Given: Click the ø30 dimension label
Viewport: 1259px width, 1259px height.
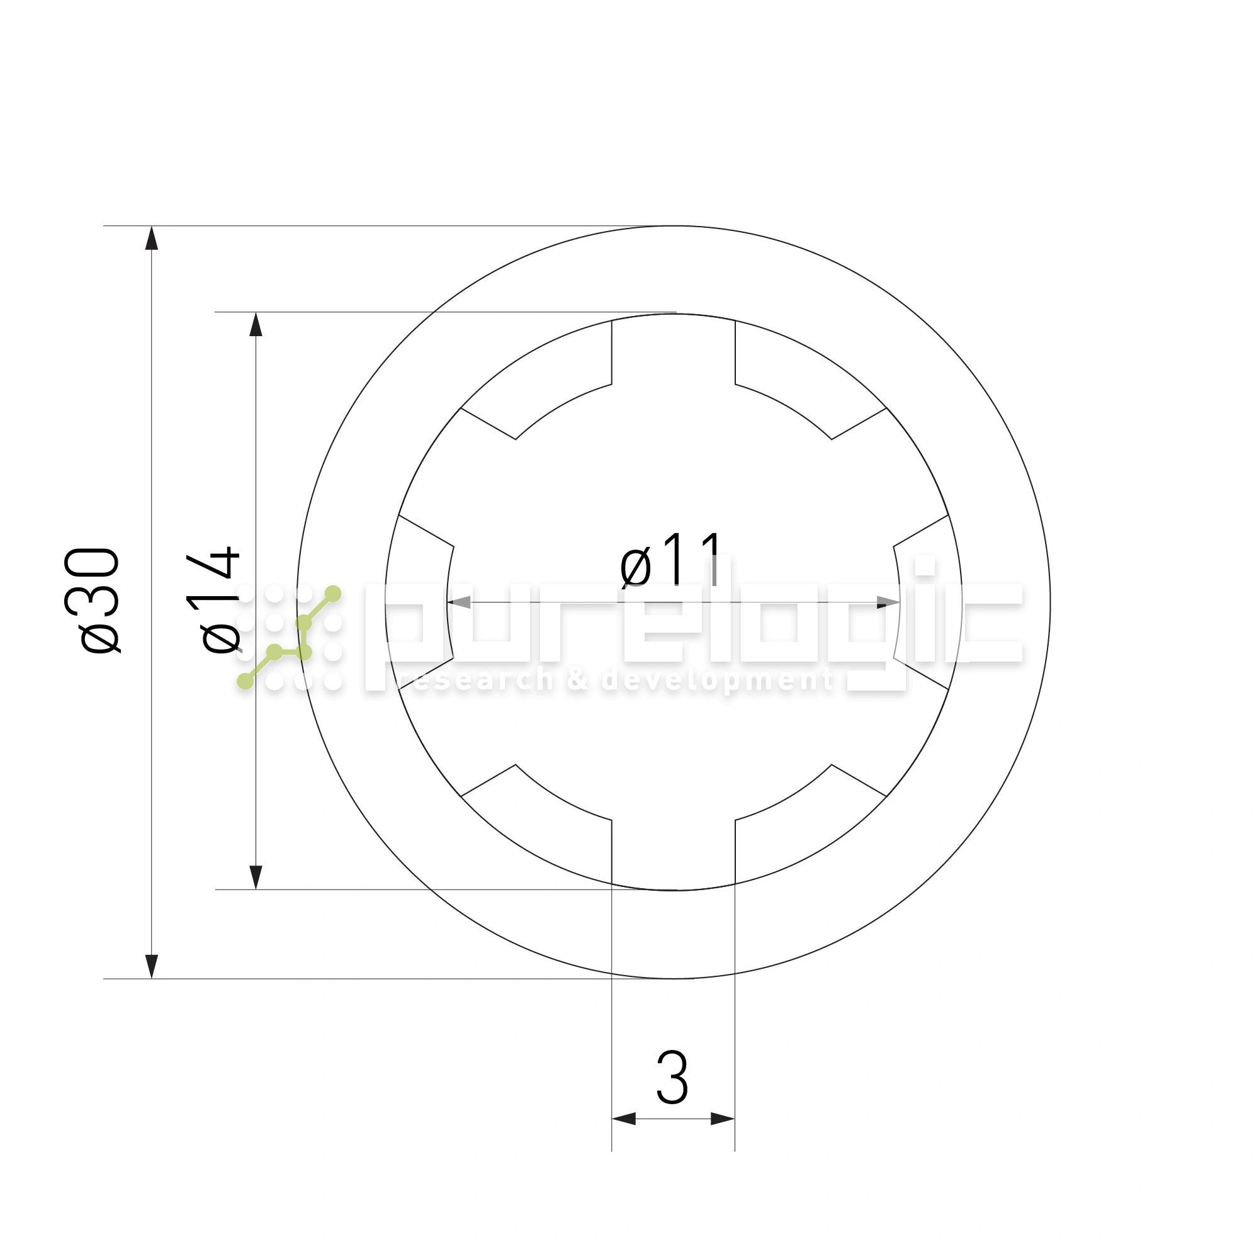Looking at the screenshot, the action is pos(93,600).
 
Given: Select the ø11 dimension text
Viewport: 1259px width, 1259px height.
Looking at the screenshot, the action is pos(672,560).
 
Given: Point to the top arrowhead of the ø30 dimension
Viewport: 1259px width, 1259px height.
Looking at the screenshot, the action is pos(151,238).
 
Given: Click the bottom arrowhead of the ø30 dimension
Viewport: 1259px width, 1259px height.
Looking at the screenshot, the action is pos(151,967).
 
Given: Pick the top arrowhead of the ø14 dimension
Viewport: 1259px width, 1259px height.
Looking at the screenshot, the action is pos(256,325).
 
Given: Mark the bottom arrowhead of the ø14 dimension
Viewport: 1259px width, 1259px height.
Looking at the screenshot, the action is pos(256,878).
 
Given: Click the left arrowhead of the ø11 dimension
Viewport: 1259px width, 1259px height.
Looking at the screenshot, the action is pos(459,602).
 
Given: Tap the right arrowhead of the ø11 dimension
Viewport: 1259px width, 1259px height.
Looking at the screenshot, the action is pos(888,602).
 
